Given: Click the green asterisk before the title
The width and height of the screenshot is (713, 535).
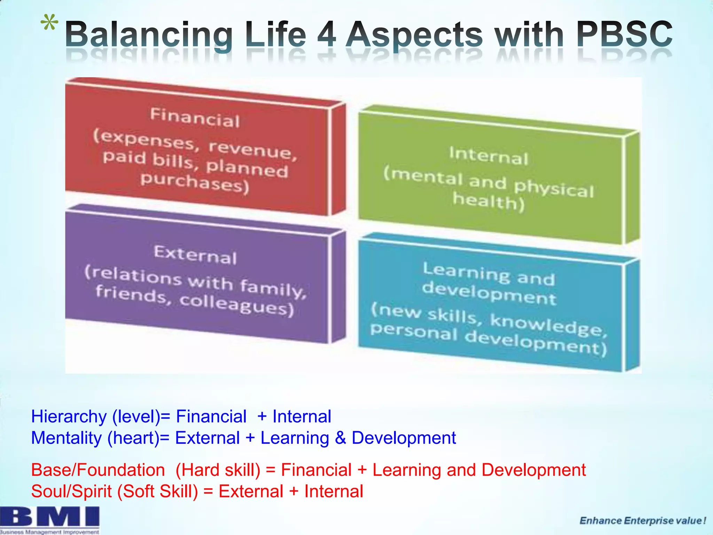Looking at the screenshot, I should click(49, 24).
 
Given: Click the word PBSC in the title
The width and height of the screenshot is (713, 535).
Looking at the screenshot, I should click(624, 34).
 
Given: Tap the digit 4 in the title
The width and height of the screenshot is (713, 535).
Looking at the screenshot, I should click(327, 34).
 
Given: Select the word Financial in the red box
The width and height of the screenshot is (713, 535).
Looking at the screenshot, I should click(195, 118).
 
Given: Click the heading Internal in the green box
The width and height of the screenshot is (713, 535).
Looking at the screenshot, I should click(488, 156).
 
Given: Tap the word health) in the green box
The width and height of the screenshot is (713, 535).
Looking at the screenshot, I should click(488, 202).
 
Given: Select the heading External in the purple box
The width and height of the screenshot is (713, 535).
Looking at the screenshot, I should click(195, 255).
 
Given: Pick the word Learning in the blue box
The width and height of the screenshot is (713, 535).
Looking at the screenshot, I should click(466, 272).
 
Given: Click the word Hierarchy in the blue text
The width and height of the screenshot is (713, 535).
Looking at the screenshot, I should click(69, 417).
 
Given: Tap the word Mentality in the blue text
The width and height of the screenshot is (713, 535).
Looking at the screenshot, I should click(66, 438).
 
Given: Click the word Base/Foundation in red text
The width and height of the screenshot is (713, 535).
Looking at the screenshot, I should click(98, 470).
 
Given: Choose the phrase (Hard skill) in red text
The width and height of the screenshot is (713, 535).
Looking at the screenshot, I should click(218, 470).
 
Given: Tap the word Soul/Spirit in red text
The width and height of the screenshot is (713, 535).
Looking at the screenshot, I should click(71, 491).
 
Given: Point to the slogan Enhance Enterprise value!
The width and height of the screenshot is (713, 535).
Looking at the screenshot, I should click(643, 521).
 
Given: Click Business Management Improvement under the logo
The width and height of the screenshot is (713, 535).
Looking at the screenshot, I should click(50, 532).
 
